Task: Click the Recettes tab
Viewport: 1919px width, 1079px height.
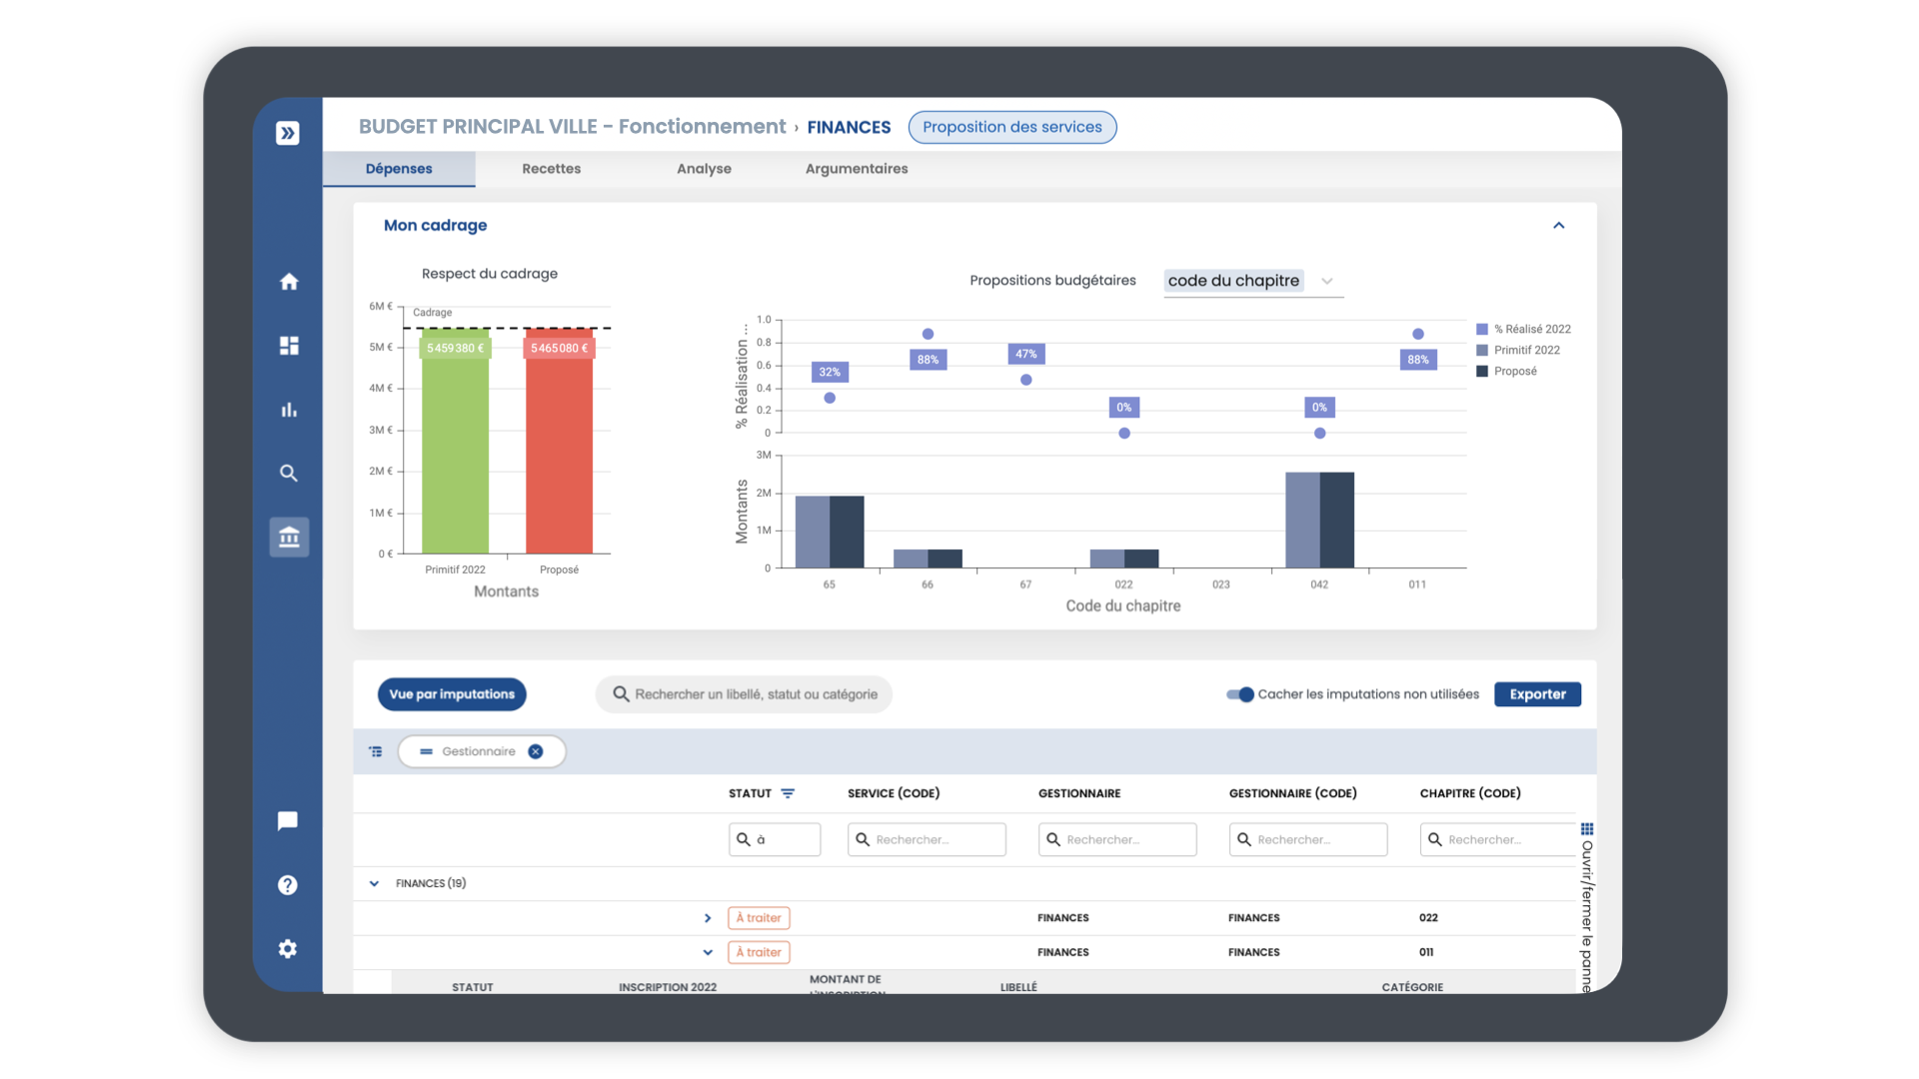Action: point(551,169)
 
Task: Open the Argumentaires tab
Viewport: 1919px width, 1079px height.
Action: point(857,169)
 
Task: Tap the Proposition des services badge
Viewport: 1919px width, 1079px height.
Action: point(1011,127)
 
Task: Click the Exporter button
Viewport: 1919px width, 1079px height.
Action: point(1537,694)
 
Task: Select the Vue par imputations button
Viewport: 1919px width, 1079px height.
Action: point(452,694)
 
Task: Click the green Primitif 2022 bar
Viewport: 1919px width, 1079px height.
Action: point(455,450)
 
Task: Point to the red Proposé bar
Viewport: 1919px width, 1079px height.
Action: point(559,450)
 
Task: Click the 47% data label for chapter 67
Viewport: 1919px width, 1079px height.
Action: point(1025,354)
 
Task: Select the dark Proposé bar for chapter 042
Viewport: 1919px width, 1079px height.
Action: point(1337,520)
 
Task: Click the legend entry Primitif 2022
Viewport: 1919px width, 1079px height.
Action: point(1526,350)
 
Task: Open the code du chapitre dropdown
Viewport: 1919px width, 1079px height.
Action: point(1252,281)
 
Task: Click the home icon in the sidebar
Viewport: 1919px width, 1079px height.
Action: point(289,282)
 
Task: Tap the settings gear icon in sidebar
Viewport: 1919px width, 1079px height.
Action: point(288,948)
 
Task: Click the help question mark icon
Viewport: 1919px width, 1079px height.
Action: point(288,885)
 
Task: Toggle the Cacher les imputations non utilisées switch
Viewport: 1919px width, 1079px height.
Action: point(1240,694)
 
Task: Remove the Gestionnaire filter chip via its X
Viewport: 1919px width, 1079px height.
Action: point(536,751)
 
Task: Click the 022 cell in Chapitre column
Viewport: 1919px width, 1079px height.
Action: point(1428,917)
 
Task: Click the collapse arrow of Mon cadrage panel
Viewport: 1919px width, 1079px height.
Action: point(1558,226)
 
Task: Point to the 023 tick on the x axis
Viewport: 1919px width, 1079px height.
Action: point(1220,584)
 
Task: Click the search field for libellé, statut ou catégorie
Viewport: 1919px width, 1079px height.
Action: point(755,694)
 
